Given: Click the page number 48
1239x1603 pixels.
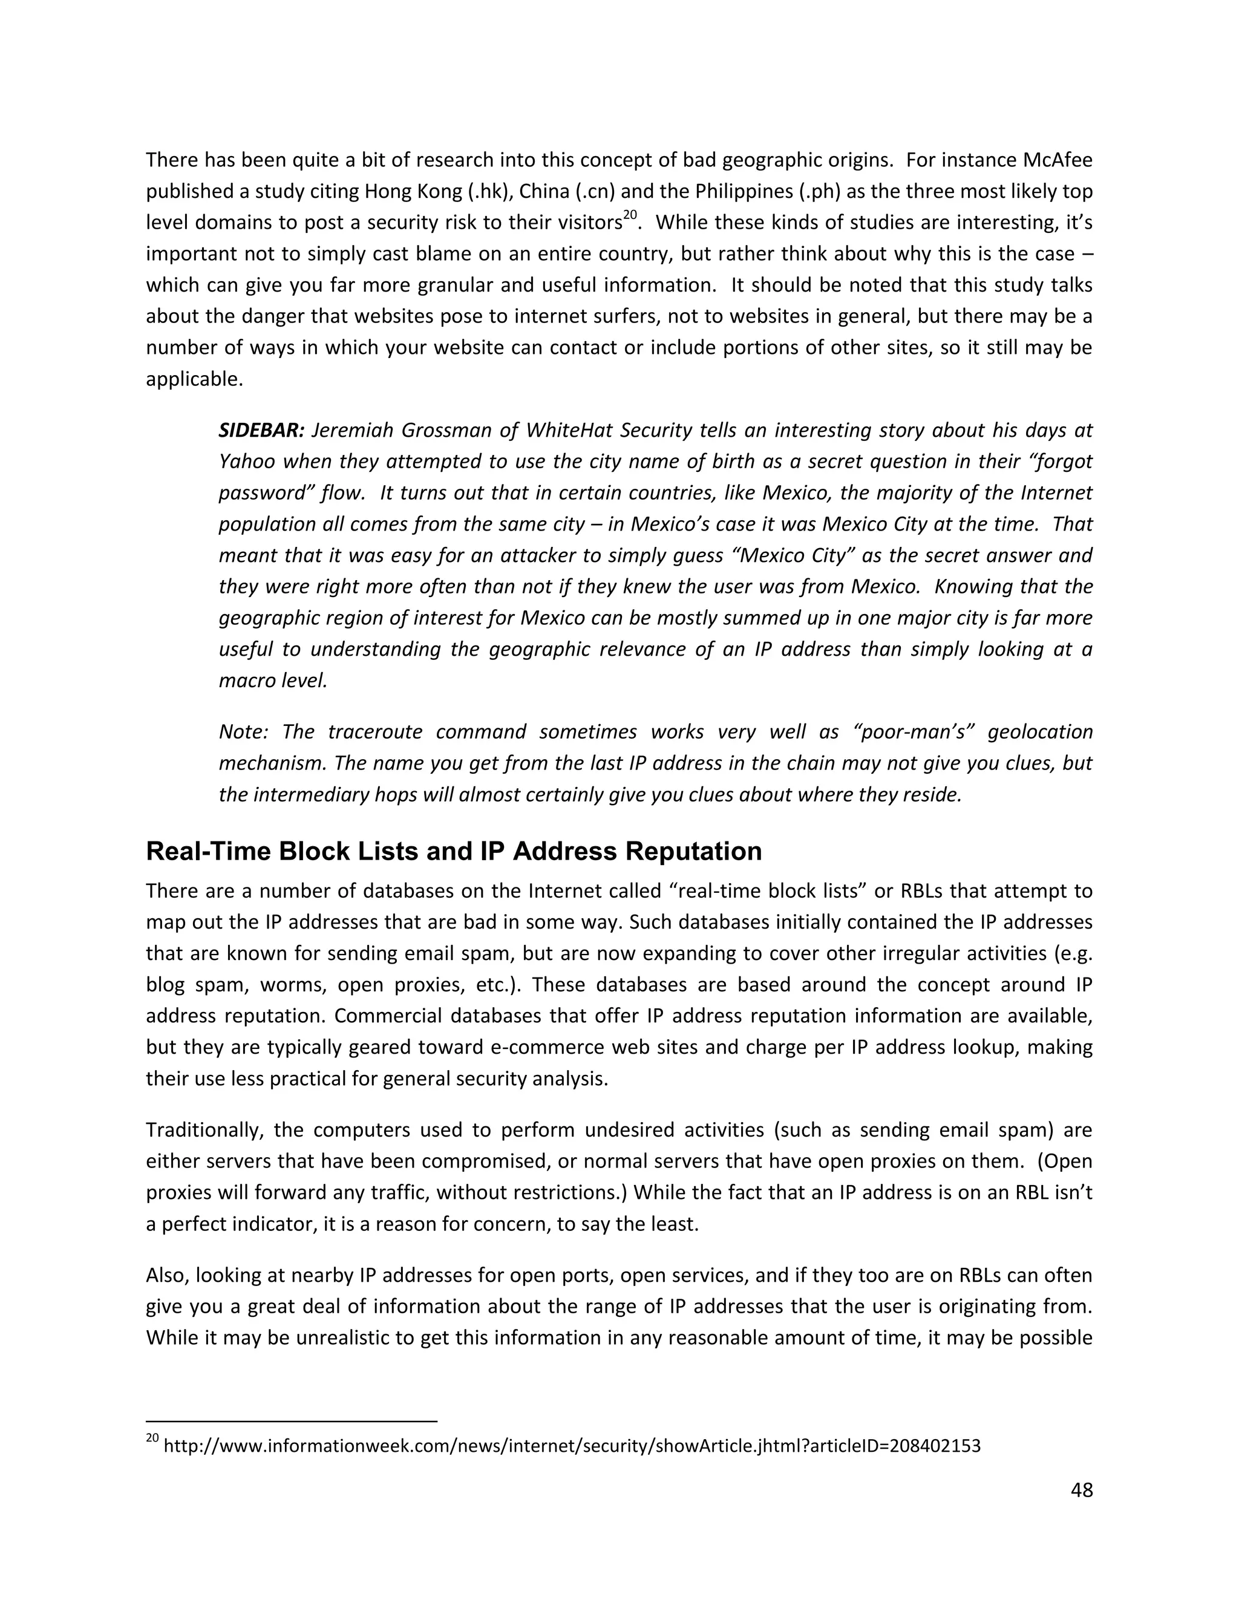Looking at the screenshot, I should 1081,1490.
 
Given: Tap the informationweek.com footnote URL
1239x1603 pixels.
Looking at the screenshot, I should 572,1446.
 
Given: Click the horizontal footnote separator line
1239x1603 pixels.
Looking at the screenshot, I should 292,1422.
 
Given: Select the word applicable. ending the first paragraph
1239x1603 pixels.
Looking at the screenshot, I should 194,379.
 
